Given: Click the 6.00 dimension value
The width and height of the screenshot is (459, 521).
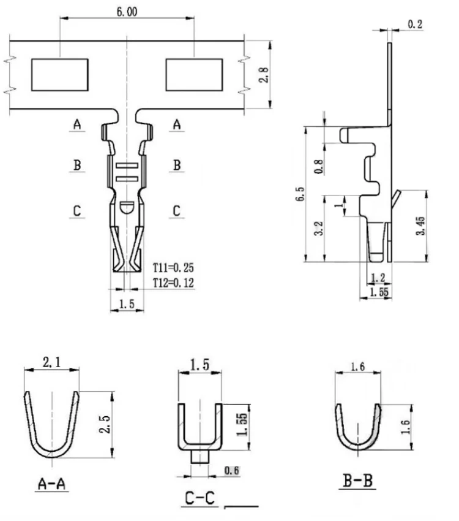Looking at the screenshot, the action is (127, 12).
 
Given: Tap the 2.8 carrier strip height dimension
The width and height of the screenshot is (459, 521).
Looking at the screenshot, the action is (264, 75).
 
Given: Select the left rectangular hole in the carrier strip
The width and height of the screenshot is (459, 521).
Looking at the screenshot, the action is (60, 75).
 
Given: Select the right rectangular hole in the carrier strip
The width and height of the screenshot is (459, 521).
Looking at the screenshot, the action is (195, 75).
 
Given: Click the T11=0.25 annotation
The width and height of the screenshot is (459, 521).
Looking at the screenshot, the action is (173, 267).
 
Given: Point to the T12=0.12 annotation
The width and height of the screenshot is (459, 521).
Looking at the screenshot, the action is (173, 283).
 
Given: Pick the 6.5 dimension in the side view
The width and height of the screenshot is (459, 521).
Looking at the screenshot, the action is (299, 194).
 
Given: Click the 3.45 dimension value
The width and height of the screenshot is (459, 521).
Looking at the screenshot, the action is (420, 226).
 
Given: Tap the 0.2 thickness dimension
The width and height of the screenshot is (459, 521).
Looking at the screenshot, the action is (415, 25).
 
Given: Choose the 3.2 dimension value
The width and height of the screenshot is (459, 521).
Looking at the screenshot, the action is (318, 228).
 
